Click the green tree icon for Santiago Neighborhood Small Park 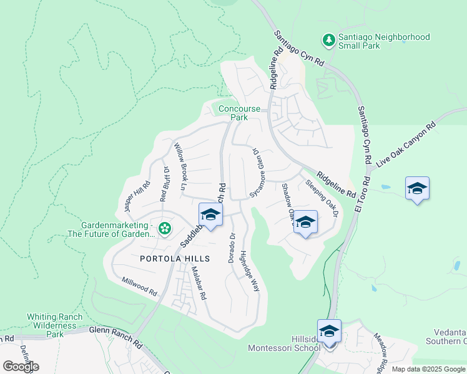328,41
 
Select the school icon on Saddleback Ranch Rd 210,216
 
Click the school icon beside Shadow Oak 305,223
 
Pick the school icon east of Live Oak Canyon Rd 416,188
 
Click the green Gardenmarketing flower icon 165,229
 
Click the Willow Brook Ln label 180,166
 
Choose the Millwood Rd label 139,287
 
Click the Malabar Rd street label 199,283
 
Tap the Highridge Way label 250,269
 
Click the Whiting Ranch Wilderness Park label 54,325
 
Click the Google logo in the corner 21,366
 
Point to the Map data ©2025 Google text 428,369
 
